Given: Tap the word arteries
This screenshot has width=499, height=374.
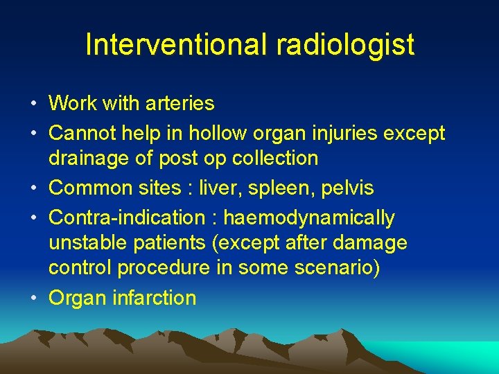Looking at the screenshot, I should click(x=180, y=104).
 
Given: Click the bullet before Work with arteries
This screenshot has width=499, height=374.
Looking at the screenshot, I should click(x=33, y=104).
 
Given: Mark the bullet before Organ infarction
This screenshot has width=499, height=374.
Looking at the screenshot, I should click(x=33, y=298).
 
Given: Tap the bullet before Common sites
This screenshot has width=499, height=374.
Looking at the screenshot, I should click(x=33, y=188).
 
